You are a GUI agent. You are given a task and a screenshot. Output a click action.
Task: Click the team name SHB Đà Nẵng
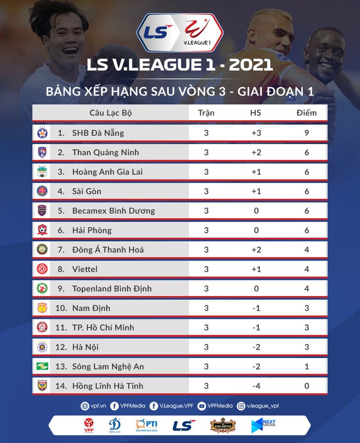click(98, 133)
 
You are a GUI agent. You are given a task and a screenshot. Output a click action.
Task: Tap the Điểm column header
click(306, 113)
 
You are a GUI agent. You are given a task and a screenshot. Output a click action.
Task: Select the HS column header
click(256, 113)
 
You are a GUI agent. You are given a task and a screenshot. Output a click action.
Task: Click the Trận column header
click(206, 113)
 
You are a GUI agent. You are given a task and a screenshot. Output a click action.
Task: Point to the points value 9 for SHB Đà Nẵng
click(307, 133)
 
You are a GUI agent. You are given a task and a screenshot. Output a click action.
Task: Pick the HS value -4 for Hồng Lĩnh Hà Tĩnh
click(256, 386)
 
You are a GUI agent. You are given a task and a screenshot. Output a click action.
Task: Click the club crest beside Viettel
click(43, 269)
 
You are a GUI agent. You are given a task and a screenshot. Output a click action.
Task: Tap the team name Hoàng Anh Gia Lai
click(107, 172)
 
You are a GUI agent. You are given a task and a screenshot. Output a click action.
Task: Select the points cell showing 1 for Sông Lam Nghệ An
click(307, 366)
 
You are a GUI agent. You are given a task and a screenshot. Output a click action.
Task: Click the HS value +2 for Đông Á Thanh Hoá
click(256, 250)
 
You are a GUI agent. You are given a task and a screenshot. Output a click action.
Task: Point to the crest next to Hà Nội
click(43, 347)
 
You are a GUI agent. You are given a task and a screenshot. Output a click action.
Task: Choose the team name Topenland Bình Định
click(112, 289)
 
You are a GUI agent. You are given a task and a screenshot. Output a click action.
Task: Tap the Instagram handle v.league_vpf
click(262, 406)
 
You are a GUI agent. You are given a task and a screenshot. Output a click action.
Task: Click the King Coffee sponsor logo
click(223, 425)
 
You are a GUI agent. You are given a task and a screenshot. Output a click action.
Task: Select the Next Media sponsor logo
click(263, 425)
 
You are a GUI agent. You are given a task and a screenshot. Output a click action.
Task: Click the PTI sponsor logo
click(146, 425)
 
